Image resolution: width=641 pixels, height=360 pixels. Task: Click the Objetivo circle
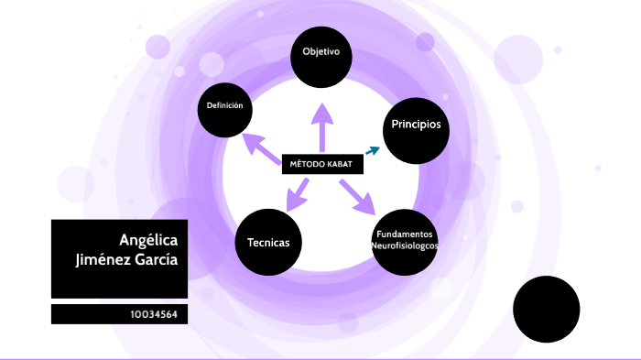click(321, 52)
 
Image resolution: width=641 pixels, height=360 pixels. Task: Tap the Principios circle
click(416, 125)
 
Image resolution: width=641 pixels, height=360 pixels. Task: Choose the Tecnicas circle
click(269, 243)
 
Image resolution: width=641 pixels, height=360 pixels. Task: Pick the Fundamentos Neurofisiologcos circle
click(405, 241)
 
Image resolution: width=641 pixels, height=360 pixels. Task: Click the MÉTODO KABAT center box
click(321, 164)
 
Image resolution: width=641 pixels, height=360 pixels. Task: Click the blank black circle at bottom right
click(547, 309)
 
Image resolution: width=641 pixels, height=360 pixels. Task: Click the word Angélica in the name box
click(148, 240)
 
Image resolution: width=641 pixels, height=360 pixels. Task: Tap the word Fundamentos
click(405, 235)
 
